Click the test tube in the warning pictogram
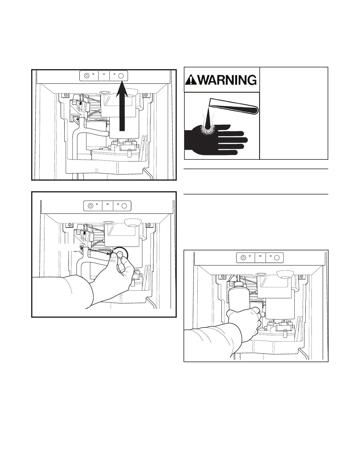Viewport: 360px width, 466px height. click(x=234, y=106)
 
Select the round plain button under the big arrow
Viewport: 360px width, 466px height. click(x=121, y=76)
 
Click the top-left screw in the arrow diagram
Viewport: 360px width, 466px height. click(x=66, y=96)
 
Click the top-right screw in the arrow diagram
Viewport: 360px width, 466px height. click(x=145, y=96)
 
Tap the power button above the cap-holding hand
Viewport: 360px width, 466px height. click(x=91, y=206)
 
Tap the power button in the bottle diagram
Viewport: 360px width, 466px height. click(x=243, y=258)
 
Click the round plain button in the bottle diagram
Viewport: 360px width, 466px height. click(x=276, y=258)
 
